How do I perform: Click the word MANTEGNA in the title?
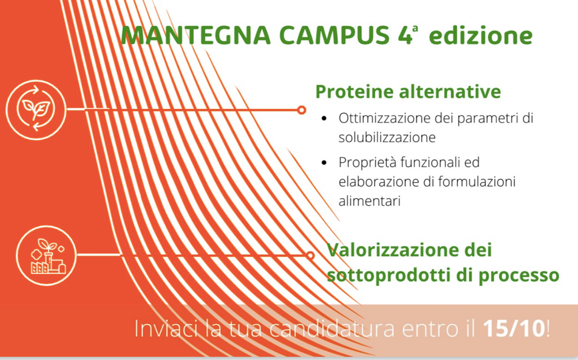pyautogui.click(x=196, y=35)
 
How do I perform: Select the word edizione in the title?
pyautogui.click(x=481, y=35)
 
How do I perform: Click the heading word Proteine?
pyautogui.click(x=354, y=92)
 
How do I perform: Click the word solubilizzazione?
pyautogui.click(x=387, y=138)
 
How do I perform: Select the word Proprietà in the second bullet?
pyautogui.click(x=368, y=162)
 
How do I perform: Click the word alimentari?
pyautogui.click(x=369, y=201)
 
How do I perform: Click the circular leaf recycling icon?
pyautogui.click(x=36, y=109)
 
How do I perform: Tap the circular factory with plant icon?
pyautogui.click(x=47, y=255)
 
